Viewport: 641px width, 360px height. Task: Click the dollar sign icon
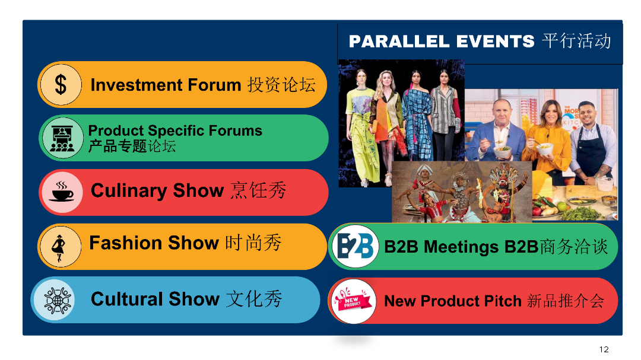(x=61, y=85)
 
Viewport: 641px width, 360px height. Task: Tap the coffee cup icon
(x=61, y=192)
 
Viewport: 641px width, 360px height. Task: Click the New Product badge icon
(x=353, y=301)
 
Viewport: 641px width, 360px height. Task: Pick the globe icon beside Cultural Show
(x=57, y=300)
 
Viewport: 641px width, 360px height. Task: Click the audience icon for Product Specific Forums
(x=62, y=138)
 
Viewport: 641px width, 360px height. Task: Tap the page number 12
(x=604, y=349)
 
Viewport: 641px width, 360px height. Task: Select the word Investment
(x=137, y=85)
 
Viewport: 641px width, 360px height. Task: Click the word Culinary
(x=129, y=191)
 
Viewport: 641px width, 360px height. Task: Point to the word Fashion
(x=126, y=243)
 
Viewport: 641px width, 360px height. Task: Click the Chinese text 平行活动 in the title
(x=576, y=42)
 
